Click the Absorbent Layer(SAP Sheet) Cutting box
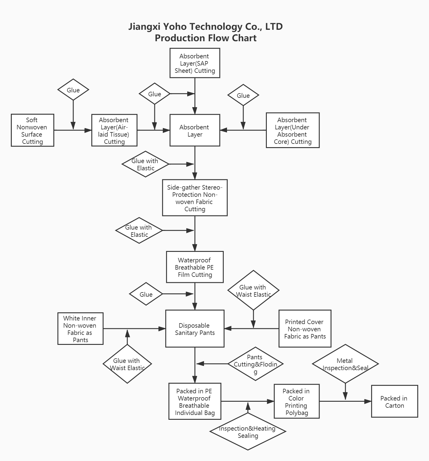[x=195, y=63]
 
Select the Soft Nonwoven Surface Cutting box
[x=33, y=130]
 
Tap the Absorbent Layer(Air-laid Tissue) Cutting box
[x=114, y=130]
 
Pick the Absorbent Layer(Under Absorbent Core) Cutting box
[x=292, y=130]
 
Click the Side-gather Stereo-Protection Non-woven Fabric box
[x=195, y=198]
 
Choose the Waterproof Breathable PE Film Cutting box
[x=195, y=267]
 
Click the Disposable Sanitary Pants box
[x=195, y=329]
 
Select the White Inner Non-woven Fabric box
[x=80, y=329]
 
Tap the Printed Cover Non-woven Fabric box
[x=305, y=329]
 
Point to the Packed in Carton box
[x=394, y=401]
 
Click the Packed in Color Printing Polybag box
[x=296, y=401]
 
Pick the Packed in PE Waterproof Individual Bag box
[x=195, y=401]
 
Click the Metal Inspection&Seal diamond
[x=345, y=364]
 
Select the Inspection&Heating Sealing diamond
[x=248, y=432]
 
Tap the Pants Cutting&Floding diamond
[x=255, y=364]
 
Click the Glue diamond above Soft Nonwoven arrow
[x=73, y=90]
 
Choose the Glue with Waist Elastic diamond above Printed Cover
[x=253, y=290]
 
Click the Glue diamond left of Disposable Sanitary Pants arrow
[x=146, y=294]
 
